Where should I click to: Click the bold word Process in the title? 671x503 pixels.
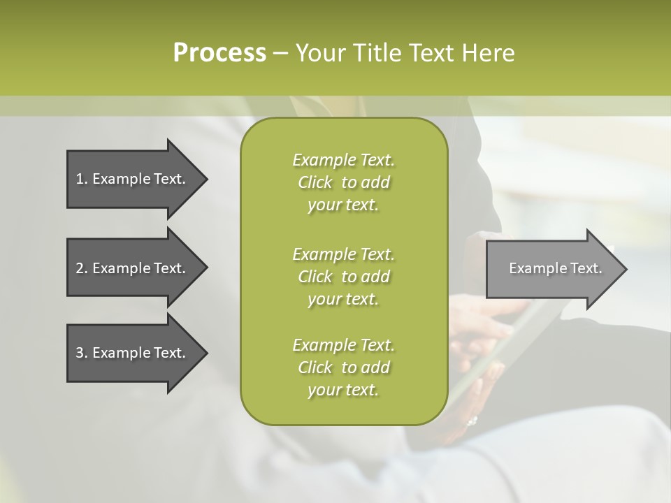click(219, 53)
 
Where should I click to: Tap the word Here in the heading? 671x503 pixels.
click(488, 53)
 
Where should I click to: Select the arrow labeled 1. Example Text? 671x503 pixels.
click(133, 179)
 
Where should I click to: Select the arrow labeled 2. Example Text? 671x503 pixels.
click(133, 268)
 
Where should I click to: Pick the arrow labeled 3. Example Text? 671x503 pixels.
click(133, 353)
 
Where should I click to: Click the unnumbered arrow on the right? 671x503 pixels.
click(552, 269)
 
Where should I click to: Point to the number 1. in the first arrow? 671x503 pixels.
click(82, 179)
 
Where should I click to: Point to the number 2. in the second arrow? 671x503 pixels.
click(82, 268)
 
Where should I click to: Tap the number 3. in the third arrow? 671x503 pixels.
click(82, 353)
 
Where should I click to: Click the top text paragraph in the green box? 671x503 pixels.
click(343, 182)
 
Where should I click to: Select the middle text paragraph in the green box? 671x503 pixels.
click(343, 276)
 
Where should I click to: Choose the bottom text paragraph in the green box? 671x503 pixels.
click(343, 367)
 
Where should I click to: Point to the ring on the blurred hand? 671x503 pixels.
click(472, 421)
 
